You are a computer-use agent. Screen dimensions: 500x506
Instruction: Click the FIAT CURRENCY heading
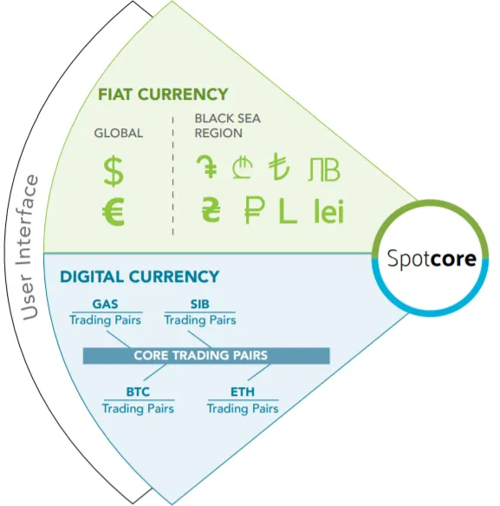click(163, 95)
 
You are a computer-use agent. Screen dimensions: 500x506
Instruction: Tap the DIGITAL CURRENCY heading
click(140, 277)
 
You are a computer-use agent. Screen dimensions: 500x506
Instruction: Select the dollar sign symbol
click(114, 172)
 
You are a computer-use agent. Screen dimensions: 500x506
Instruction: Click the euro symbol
click(114, 213)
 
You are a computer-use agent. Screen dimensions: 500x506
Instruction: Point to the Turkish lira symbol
click(279, 167)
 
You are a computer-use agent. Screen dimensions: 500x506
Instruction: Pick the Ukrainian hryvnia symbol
click(211, 210)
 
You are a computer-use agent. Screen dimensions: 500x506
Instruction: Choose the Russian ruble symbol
click(255, 210)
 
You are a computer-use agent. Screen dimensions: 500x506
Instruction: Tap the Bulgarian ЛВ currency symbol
click(324, 169)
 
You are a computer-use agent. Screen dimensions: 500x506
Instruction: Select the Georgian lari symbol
click(243, 168)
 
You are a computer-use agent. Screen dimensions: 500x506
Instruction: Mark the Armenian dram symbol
click(207, 167)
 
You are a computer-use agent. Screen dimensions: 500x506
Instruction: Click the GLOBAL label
click(119, 133)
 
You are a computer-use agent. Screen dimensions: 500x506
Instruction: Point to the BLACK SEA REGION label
click(227, 126)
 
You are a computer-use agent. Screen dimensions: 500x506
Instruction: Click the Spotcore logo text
click(432, 259)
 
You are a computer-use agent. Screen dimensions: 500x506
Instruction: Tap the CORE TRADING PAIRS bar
click(206, 356)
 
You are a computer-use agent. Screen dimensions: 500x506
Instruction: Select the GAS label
click(106, 304)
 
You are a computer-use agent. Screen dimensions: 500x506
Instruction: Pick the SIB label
click(200, 304)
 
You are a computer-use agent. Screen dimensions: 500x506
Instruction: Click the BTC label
click(138, 391)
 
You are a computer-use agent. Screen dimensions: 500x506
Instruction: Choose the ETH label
click(243, 391)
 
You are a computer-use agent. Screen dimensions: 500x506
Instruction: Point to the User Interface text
click(29, 248)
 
